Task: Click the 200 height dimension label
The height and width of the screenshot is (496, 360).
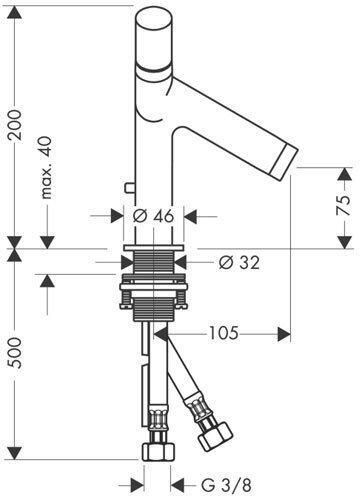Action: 16,125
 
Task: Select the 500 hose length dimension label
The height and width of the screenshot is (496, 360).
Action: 16,353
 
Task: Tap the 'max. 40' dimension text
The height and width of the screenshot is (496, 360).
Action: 46,168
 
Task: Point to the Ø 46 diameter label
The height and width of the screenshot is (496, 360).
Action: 153,216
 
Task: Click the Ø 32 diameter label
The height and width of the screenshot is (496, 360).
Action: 239,263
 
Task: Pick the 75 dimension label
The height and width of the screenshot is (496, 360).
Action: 343,206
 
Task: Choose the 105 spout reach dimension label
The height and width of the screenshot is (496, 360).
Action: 224,333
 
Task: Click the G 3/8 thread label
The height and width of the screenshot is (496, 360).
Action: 226,485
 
